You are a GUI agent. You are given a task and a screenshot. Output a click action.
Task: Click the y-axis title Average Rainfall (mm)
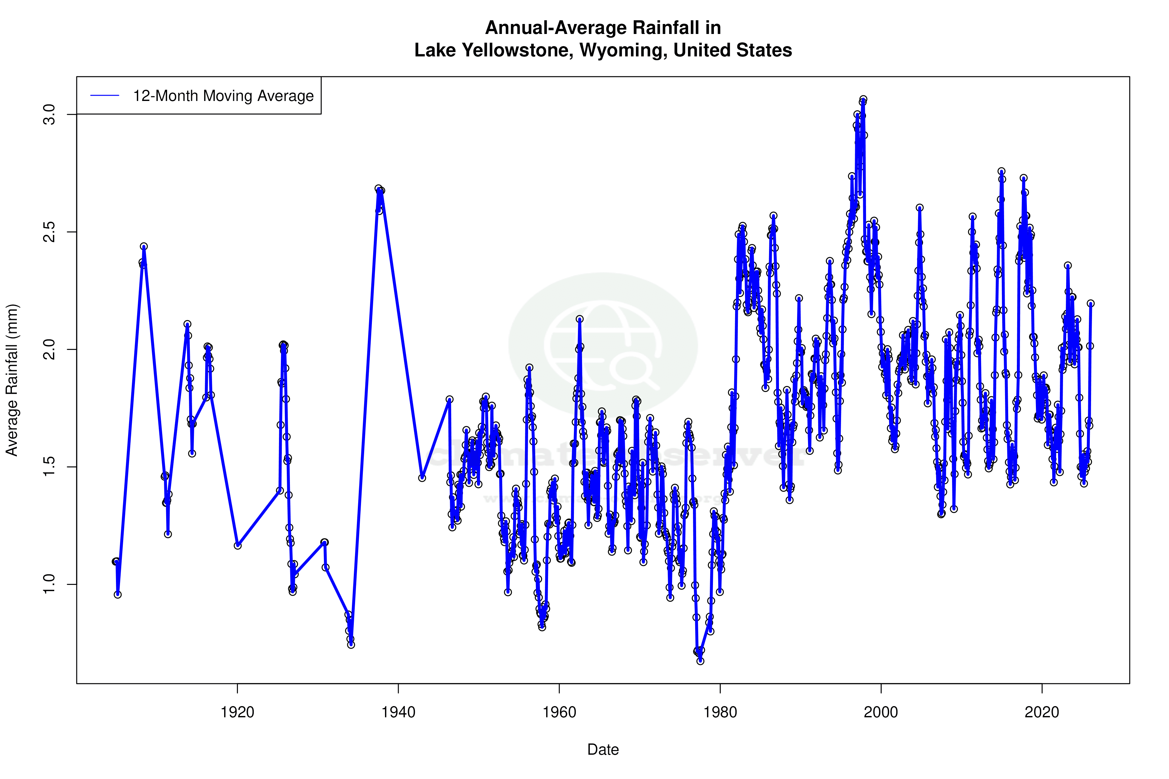(12, 380)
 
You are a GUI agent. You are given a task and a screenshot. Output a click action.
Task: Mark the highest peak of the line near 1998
(863, 99)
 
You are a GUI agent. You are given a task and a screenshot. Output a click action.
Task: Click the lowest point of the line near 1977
(700, 661)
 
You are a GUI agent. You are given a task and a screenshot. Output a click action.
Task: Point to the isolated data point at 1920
(238, 546)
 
